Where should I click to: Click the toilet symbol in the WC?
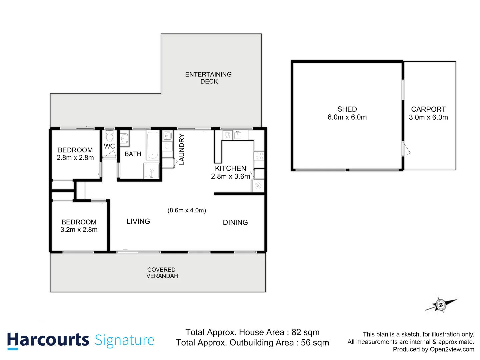tap(109, 136)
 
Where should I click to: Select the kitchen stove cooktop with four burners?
tap(259, 156)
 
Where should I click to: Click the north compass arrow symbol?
tap(441, 305)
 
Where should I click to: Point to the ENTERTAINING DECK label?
tap(208, 78)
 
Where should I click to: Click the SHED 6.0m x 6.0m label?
tap(347, 113)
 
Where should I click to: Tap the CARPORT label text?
tap(428, 109)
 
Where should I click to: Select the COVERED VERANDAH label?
tap(162, 273)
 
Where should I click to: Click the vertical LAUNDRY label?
tap(182, 149)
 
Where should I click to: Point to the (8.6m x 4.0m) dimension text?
tap(187, 210)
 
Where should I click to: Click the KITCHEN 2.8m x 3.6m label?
tap(230, 172)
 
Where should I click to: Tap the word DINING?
tap(235, 222)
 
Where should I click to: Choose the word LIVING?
tap(138, 221)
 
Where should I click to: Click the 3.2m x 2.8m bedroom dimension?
tap(79, 230)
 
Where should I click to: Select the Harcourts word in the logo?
tap(48, 340)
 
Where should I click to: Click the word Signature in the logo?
tap(124, 340)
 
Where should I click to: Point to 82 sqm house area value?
tap(305, 332)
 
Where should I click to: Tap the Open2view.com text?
tap(452, 349)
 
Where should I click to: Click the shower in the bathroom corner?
tap(152, 171)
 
